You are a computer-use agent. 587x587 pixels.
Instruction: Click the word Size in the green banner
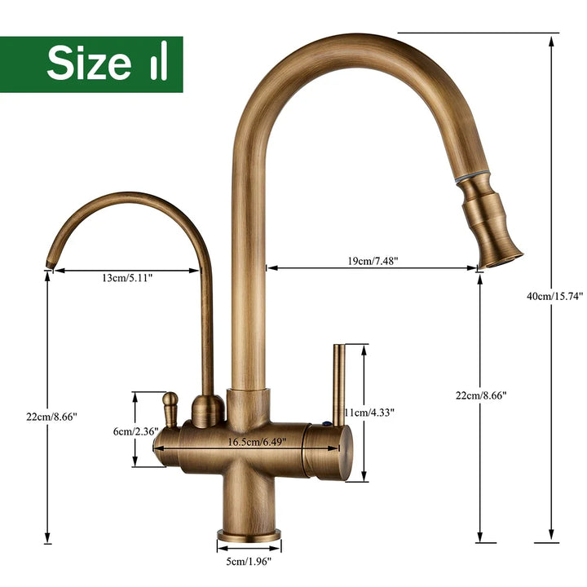point(89,63)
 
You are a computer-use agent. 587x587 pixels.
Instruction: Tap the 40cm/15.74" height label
point(555,296)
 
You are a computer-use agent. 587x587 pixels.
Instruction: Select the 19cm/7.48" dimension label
point(371,261)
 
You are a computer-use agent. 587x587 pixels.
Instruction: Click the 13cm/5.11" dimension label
point(127,277)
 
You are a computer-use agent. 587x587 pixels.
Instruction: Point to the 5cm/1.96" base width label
point(249,561)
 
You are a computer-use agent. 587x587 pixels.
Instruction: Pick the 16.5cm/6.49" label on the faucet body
point(257,442)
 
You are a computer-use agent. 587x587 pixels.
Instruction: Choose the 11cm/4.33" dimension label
point(370,413)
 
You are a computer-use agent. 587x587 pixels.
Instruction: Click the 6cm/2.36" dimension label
point(136,431)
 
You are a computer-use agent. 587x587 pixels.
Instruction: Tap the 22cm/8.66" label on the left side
point(51,417)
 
